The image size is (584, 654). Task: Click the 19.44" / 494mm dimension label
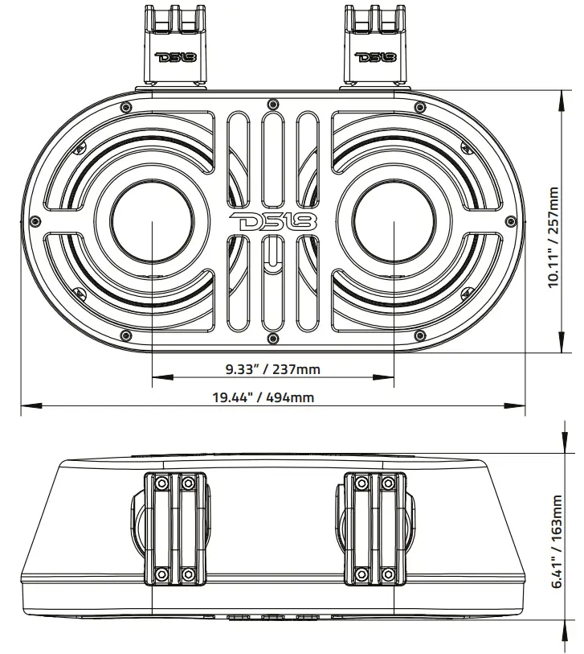click(x=263, y=397)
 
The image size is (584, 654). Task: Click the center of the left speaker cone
click(x=152, y=222)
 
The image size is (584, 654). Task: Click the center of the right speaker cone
click(x=394, y=222)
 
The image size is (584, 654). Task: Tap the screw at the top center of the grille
click(x=273, y=102)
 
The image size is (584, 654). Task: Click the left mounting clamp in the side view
click(x=174, y=528)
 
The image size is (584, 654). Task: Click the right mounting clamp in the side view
click(x=374, y=528)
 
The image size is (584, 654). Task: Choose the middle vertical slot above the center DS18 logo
click(x=273, y=161)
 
